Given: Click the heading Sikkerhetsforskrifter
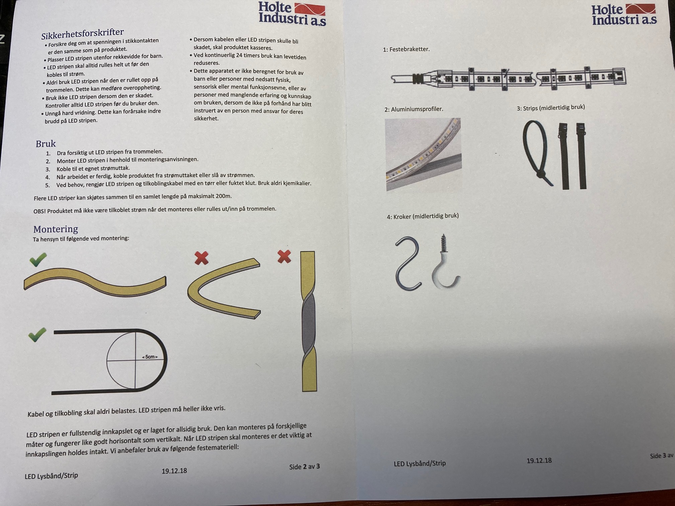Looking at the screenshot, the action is (x=82, y=34).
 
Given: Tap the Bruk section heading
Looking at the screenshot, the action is (x=46, y=144).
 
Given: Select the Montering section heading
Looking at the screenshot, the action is (x=56, y=229).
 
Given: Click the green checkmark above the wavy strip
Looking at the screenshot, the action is (x=38, y=260).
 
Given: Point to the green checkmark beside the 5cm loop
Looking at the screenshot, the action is (x=37, y=335).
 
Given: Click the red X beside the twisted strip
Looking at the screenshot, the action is (x=284, y=257).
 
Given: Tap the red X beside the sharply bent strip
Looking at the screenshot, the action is (x=202, y=258).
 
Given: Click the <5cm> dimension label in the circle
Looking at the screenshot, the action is (x=150, y=357).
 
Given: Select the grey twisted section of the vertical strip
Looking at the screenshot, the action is (x=309, y=328).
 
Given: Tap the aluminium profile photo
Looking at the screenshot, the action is (x=424, y=154).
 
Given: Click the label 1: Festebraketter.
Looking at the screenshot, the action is (x=406, y=49).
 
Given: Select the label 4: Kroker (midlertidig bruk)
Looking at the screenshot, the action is (x=423, y=216).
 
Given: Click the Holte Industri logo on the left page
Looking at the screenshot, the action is (x=292, y=13).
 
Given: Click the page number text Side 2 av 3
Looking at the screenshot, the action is (x=304, y=467).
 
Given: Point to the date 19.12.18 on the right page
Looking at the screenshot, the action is (x=539, y=460).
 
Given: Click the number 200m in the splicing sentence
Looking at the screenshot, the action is (x=224, y=196).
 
